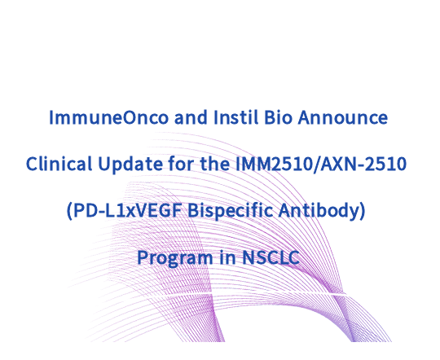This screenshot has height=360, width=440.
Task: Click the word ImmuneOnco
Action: pos(108,117)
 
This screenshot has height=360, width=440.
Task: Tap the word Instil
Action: pos(235,117)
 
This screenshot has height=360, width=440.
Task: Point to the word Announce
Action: pos(343,117)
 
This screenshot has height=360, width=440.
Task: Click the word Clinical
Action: pos(59,164)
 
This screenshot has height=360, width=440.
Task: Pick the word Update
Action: pos(130,165)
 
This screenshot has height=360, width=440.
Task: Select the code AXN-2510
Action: pos(363,165)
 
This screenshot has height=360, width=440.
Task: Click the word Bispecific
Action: pos(230,211)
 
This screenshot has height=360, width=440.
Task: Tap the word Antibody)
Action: pos(322,211)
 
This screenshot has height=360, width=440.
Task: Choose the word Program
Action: pos(175,258)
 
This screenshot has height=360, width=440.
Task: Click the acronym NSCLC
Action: pos(271,257)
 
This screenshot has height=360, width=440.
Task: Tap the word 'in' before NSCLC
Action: pos(227,257)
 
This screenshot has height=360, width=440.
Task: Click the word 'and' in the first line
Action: pos(191,117)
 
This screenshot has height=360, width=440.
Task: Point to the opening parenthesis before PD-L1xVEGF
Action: pos(69,211)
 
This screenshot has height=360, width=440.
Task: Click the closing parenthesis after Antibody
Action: pos(363,211)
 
